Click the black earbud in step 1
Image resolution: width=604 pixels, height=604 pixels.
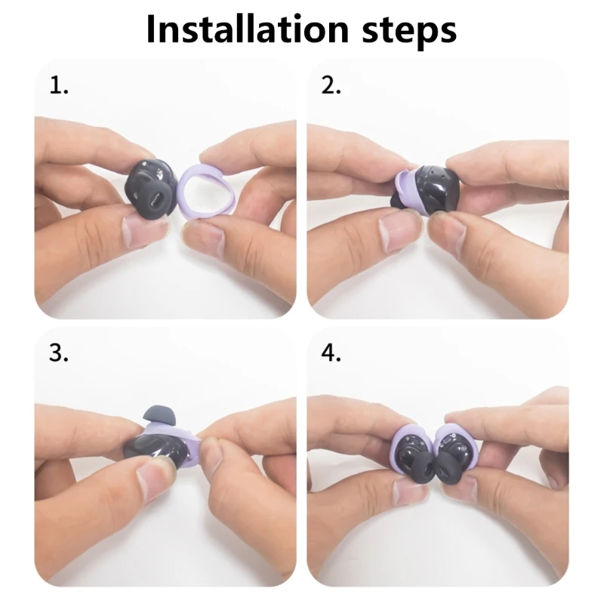pos(151,189)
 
